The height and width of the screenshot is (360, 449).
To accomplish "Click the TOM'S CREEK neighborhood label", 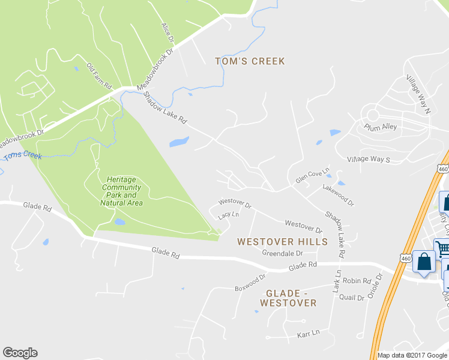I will point(250,61).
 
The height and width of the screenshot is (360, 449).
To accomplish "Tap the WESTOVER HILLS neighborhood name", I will point(282,242).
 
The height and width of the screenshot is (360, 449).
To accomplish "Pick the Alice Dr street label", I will point(167,34).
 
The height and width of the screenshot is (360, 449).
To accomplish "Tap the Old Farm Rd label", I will point(100,76).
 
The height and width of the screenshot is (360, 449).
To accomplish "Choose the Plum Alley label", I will point(381,127).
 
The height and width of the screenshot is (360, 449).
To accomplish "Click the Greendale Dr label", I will point(281,253).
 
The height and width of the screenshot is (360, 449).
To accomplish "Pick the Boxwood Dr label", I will point(250,281).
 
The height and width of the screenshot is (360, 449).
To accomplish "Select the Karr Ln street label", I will point(308,332).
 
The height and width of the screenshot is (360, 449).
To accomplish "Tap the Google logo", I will point(20,353).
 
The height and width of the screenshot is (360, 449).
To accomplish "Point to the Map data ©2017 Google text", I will point(411,355).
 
